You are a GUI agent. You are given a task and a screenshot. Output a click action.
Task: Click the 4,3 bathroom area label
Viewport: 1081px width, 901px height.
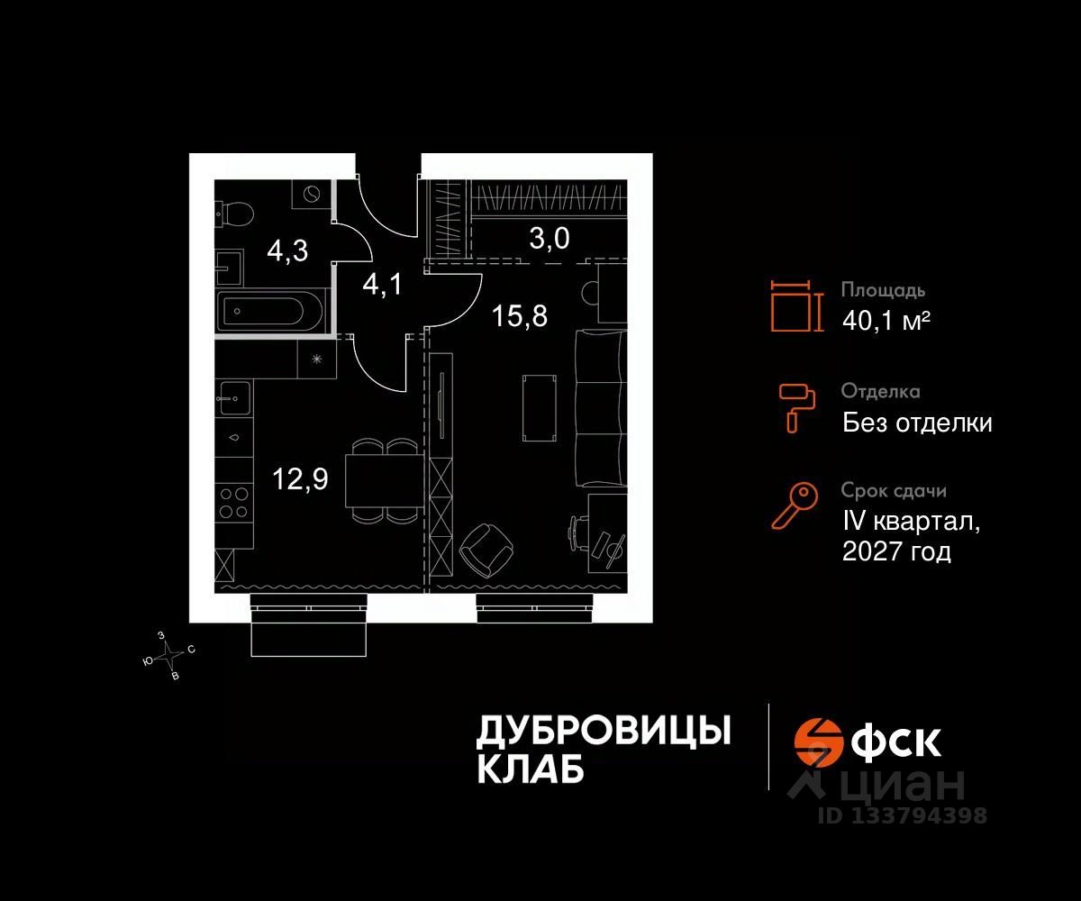point(287,250)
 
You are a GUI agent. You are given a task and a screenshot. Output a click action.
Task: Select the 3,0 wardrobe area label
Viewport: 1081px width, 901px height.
point(550,239)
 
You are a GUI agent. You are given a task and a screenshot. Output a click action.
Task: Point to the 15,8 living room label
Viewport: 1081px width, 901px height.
point(520,316)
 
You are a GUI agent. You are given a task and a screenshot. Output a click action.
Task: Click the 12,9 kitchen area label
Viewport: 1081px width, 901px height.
point(301,478)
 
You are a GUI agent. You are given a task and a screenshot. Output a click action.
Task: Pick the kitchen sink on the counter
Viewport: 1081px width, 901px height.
point(233,396)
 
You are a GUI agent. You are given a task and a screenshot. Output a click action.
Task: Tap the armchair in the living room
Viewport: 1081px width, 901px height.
point(486,549)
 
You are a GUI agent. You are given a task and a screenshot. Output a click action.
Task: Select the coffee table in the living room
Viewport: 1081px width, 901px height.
point(537,407)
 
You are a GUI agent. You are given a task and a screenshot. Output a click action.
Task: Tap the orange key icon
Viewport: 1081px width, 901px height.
point(795,505)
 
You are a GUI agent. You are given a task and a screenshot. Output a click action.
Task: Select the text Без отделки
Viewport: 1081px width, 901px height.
point(917,422)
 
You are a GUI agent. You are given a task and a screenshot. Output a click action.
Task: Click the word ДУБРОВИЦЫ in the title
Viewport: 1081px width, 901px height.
point(603,731)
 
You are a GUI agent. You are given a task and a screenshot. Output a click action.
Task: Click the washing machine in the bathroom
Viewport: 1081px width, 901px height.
point(311,195)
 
